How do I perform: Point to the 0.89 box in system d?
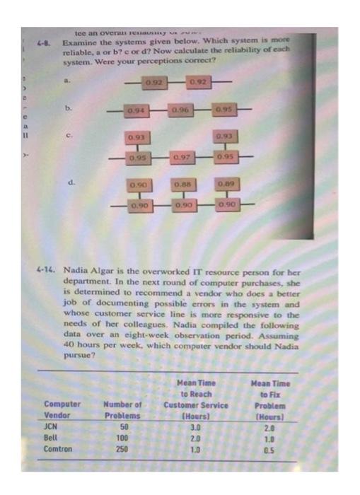click(x=227, y=185)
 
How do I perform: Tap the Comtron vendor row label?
click(x=57, y=448)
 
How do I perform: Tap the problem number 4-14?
click(x=46, y=270)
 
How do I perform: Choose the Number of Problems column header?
click(x=122, y=411)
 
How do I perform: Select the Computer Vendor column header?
click(x=62, y=411)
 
